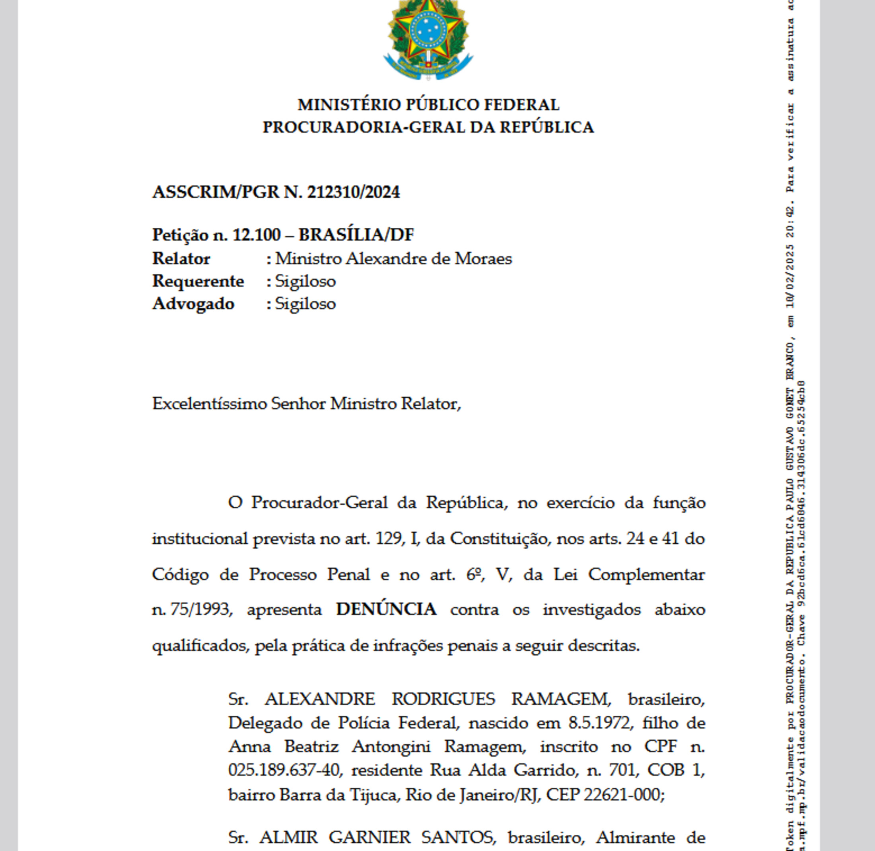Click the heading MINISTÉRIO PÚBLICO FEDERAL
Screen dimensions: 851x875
click(x=428, y=105)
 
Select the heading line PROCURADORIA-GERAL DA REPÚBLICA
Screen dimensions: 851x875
click(x=428, y=127)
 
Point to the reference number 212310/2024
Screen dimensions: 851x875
click(x=353, y=192)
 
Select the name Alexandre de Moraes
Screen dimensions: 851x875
click(x=429, y=259)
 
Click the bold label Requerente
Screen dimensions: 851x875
click(x=198, y=281)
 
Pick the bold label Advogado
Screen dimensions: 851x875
click(x=193, y=304)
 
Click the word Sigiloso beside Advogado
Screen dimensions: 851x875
click(x=305, y=304)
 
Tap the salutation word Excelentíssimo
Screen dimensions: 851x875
click(x=210, y=404)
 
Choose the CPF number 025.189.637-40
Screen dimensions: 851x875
click(x=284, y=770)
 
